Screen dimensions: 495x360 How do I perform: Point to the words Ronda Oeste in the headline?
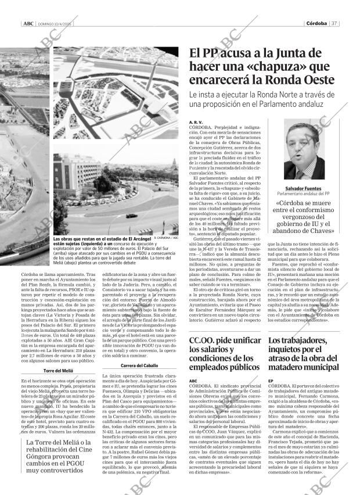(301, 80)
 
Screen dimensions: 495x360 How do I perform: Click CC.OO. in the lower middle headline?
(207, 341)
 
